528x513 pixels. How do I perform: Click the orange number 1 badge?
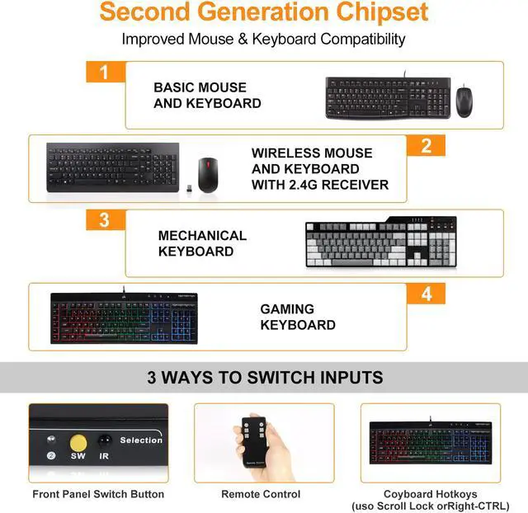106,72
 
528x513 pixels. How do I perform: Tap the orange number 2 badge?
426,145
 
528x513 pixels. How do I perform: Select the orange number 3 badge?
106,220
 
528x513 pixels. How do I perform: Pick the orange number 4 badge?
426,294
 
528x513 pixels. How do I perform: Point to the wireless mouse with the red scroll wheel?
208,175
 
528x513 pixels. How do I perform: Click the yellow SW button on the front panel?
78,443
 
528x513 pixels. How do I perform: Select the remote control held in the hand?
254,441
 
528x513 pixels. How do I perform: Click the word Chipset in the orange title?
382,12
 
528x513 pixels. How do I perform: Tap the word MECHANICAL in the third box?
202,236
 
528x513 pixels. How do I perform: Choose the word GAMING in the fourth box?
287,309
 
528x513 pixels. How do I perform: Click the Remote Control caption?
261,494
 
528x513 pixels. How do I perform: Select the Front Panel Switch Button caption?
98,494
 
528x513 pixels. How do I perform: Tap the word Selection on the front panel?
141,440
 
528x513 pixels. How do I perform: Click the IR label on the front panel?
104,456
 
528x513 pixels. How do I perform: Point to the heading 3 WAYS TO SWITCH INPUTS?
265,378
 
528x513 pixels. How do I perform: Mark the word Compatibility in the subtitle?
363,40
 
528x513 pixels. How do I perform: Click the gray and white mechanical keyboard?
381,242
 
